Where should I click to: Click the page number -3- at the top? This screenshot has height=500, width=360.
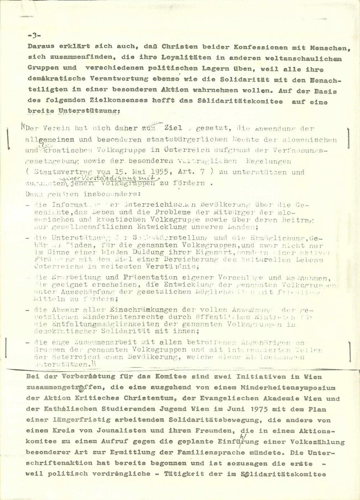34,36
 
